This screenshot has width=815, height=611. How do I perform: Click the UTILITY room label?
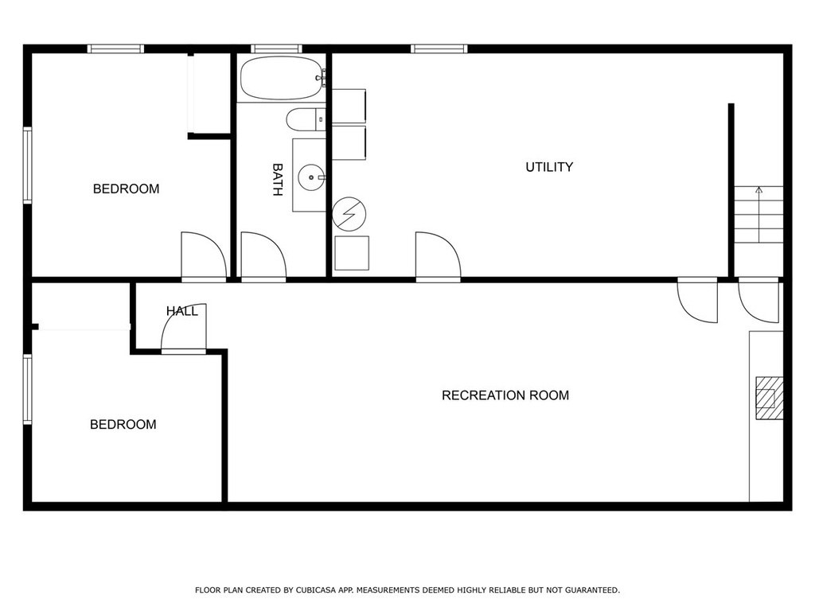point(549,167)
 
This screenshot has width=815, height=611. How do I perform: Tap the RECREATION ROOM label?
point(505,395)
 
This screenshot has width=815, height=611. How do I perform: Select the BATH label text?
point(278,180)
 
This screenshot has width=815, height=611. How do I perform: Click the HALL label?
point(182,311)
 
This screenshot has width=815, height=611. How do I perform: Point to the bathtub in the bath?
point(283,78)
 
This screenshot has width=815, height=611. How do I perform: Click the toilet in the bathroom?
point(306,120)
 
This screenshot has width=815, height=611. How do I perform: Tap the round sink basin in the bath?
point(311,177)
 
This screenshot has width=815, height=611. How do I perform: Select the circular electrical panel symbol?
point(349,213)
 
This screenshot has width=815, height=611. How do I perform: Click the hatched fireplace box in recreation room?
point(770,398)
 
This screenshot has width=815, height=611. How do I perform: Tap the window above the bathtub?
point(276,49)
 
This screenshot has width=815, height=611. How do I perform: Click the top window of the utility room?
point(439,49)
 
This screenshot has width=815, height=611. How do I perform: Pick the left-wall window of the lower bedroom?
point(28,389)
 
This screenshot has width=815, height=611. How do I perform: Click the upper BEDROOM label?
point(127,189)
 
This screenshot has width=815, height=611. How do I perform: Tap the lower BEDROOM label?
point(123,425)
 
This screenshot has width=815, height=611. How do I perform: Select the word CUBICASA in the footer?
point(316,590)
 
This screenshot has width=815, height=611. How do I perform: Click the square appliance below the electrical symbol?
point(352,253)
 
